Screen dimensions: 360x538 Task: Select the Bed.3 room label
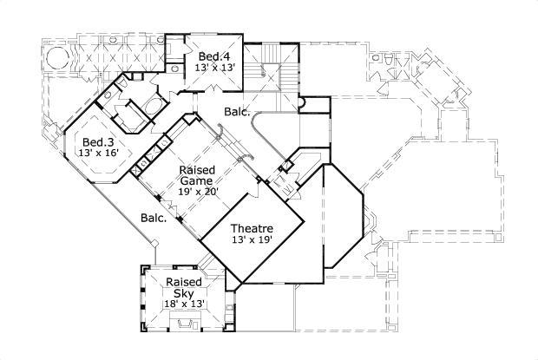coord(96,142)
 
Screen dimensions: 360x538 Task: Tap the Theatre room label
coord(252,229)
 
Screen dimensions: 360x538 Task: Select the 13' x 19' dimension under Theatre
coord(252,240)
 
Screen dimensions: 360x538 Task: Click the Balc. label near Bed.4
coord(237,112)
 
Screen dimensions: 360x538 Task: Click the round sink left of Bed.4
coord(174,65)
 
